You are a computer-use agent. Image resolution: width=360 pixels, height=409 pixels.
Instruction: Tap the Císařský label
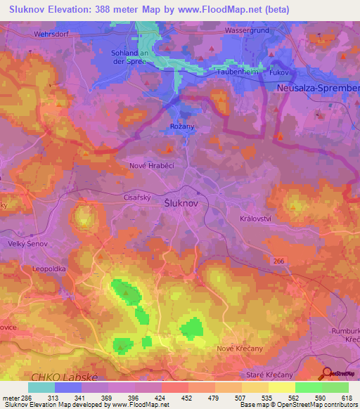click(x=138, y=197)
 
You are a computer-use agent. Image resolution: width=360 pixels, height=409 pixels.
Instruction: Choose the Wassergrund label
click(x=248, y=32)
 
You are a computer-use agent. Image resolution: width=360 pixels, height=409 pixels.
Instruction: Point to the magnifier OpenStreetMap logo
click(x=327, y=374)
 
